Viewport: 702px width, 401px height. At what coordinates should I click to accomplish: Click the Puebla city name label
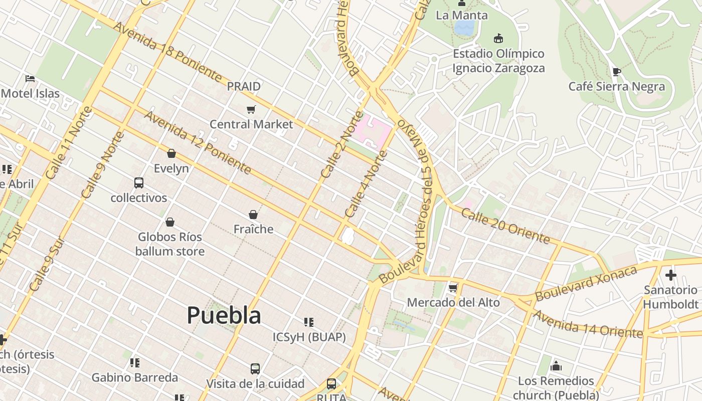click(224, 316)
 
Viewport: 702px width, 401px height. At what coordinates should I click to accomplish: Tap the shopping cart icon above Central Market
click(251, 109)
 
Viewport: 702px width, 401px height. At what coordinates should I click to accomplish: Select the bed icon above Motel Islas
click(30, 79)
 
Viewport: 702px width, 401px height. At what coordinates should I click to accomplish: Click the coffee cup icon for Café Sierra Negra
click(616, 72)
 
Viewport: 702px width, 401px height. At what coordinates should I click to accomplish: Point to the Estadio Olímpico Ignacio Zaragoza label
click(498, 61)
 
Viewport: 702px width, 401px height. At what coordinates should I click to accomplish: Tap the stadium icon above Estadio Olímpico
click(498, 39)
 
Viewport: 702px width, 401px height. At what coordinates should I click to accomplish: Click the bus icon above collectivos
click(139, 183)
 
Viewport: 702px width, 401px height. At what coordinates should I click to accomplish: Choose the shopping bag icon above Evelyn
click(171, 153)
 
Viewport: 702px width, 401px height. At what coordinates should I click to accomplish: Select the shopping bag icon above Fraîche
click(253, 215)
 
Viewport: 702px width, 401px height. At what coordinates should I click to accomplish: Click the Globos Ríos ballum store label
click(170, 244)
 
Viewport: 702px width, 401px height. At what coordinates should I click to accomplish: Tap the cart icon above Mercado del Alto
click(453, 288)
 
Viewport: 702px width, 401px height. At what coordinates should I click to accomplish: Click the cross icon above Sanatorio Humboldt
click(670, 275)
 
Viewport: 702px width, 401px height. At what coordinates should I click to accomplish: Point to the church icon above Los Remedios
click(556, 366)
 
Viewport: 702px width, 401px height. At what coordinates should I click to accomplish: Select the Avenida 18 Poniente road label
click(167, 52)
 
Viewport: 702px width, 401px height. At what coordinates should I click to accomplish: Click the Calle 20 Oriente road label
click(505, 226)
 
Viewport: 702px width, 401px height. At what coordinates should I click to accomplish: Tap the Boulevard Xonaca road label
click(586, 284)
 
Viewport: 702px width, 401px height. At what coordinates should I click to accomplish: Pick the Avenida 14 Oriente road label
click(587, 324)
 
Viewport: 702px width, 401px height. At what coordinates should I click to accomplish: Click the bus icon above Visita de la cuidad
click(255, 369)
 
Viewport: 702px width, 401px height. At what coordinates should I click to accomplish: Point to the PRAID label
click(244, 86)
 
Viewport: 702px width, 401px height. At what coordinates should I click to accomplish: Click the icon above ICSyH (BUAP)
click(309, 322)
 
